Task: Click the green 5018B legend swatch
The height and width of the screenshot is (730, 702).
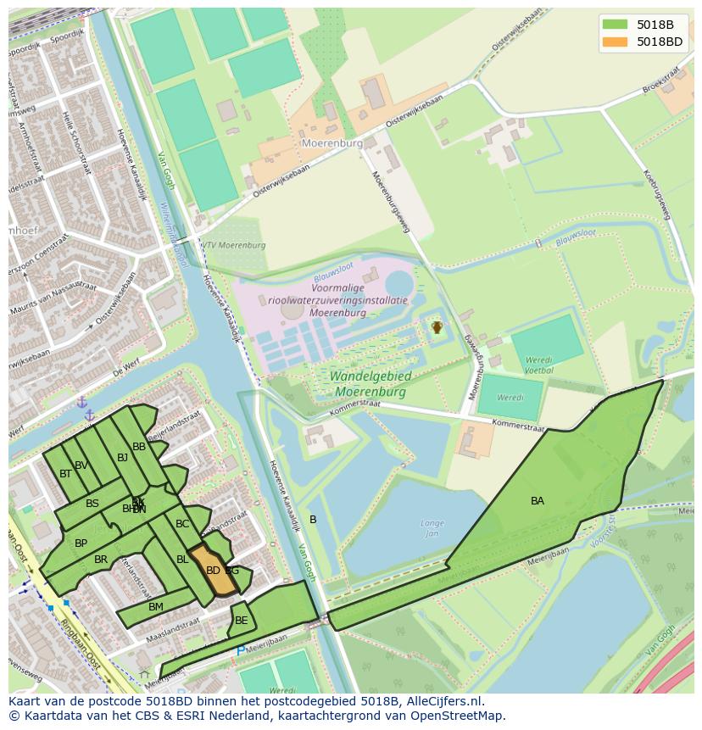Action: pos(615,24)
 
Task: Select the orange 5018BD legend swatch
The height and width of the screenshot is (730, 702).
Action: pos(615,42)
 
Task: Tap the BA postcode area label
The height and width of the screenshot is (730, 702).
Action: pos(538,501)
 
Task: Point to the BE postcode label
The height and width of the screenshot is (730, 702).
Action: pos(242,621)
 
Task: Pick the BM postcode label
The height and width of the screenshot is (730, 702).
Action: pos(156,607)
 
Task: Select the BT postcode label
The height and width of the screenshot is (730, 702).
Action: pos(65,474)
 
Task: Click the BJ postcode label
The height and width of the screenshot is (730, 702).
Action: pos(122,458)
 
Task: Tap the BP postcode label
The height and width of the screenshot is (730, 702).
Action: pos(81,543)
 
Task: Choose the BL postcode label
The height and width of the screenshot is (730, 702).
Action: pos(182,560)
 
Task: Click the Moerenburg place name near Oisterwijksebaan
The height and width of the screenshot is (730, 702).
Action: pos(332,143)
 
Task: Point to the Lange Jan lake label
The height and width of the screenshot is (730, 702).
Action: pos(432,528)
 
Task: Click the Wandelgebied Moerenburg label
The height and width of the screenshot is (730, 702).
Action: pos(371,384)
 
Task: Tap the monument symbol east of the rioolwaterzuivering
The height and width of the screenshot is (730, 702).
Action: pos(437,326)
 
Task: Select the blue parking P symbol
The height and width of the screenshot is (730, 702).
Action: pos(241,651)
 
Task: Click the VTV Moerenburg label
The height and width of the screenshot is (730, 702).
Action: pos(233,245)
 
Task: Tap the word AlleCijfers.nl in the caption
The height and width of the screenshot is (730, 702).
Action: pos(442,701)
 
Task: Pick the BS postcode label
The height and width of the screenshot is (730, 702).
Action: pos(92,504)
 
